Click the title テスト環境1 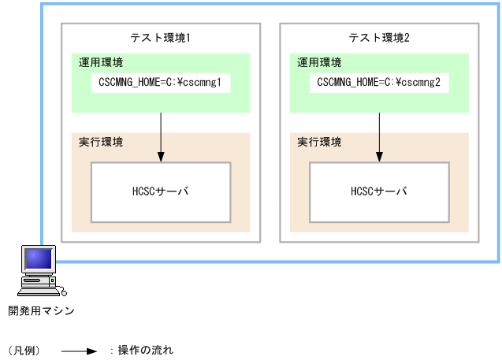(x=161, y=38)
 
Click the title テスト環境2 (x=379, y=38)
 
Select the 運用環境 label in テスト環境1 (x=100, y=62)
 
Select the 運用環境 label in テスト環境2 (x=319, y=62)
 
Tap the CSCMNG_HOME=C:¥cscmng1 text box (x=161, y=81)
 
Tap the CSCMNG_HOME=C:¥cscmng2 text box (x=379, y=81)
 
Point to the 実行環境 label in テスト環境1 (x=100, y=143)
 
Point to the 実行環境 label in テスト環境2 (x=319, y=143)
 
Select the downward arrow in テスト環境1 (x=161, y=134)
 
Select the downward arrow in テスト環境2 (x=379, y=134)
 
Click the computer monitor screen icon (x=37, y=259)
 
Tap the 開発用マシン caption (x=41, y=310)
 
